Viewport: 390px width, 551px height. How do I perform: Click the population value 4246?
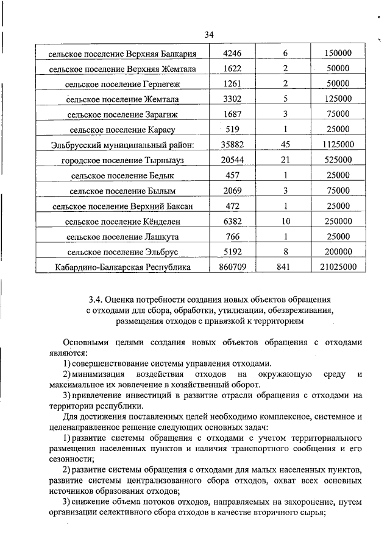(x=233, y=53)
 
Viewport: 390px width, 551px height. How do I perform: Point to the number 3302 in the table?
(x=233, y=99)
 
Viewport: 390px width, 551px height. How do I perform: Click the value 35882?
(x=233, y=144)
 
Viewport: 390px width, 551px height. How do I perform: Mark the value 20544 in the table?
(x=233, y=160)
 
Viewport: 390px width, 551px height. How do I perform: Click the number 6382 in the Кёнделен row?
(x=233, y=220)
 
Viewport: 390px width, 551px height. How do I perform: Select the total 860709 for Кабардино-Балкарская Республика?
(x=233, y=266)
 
